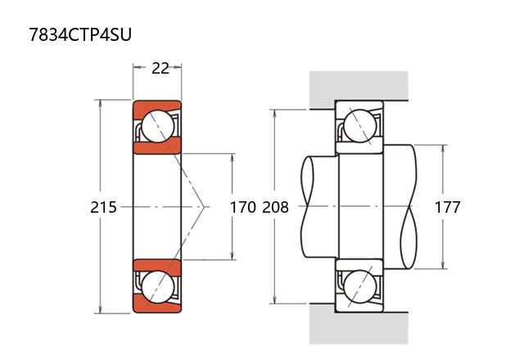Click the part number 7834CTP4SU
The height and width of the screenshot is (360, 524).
tap(80, 34)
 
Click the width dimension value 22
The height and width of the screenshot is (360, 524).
tap(160, 68)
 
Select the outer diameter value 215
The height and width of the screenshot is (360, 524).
tap(103, 207)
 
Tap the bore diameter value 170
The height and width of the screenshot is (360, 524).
tap(242, 207)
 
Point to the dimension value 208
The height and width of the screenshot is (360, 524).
tap(276, 207)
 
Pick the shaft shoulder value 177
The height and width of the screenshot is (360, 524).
tap(446, 207)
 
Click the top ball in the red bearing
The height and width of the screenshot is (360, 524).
tap(157, 126)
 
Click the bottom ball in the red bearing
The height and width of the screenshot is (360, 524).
tap(157, 287)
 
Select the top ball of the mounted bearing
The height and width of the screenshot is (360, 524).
tap(359, 126)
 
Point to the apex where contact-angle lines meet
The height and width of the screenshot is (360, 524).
tap(205, 207)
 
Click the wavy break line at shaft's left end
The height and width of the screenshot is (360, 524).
tap(307, 207)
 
